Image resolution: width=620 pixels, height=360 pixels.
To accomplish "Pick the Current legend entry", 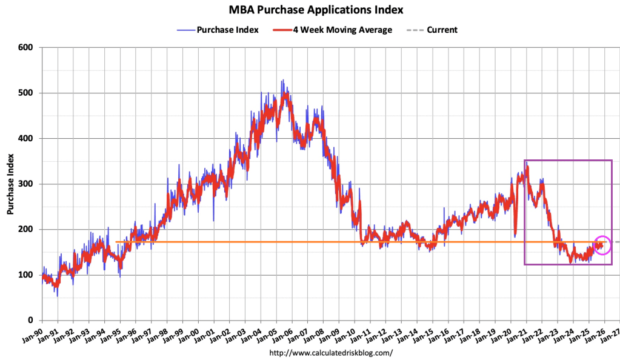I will (x=442, y=30).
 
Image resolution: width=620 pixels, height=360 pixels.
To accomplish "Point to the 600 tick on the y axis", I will (x=26, y=47).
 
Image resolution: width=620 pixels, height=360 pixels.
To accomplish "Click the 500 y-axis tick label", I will (x=26, y=93).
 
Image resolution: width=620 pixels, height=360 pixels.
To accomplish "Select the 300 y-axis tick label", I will (x=26, y=184).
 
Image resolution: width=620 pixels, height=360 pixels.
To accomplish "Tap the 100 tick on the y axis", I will (x=26, y=275).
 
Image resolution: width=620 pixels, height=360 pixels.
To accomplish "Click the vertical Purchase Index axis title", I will (x=10, y=184).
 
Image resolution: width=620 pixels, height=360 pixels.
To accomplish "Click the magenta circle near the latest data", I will (x=602, y=244).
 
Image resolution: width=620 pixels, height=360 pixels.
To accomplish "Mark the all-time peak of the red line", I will (x=285, y=94).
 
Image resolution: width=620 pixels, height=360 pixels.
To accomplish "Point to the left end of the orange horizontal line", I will (x=116, y=242).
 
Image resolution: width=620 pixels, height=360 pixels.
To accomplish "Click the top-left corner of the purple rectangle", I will (x=525, y=161).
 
